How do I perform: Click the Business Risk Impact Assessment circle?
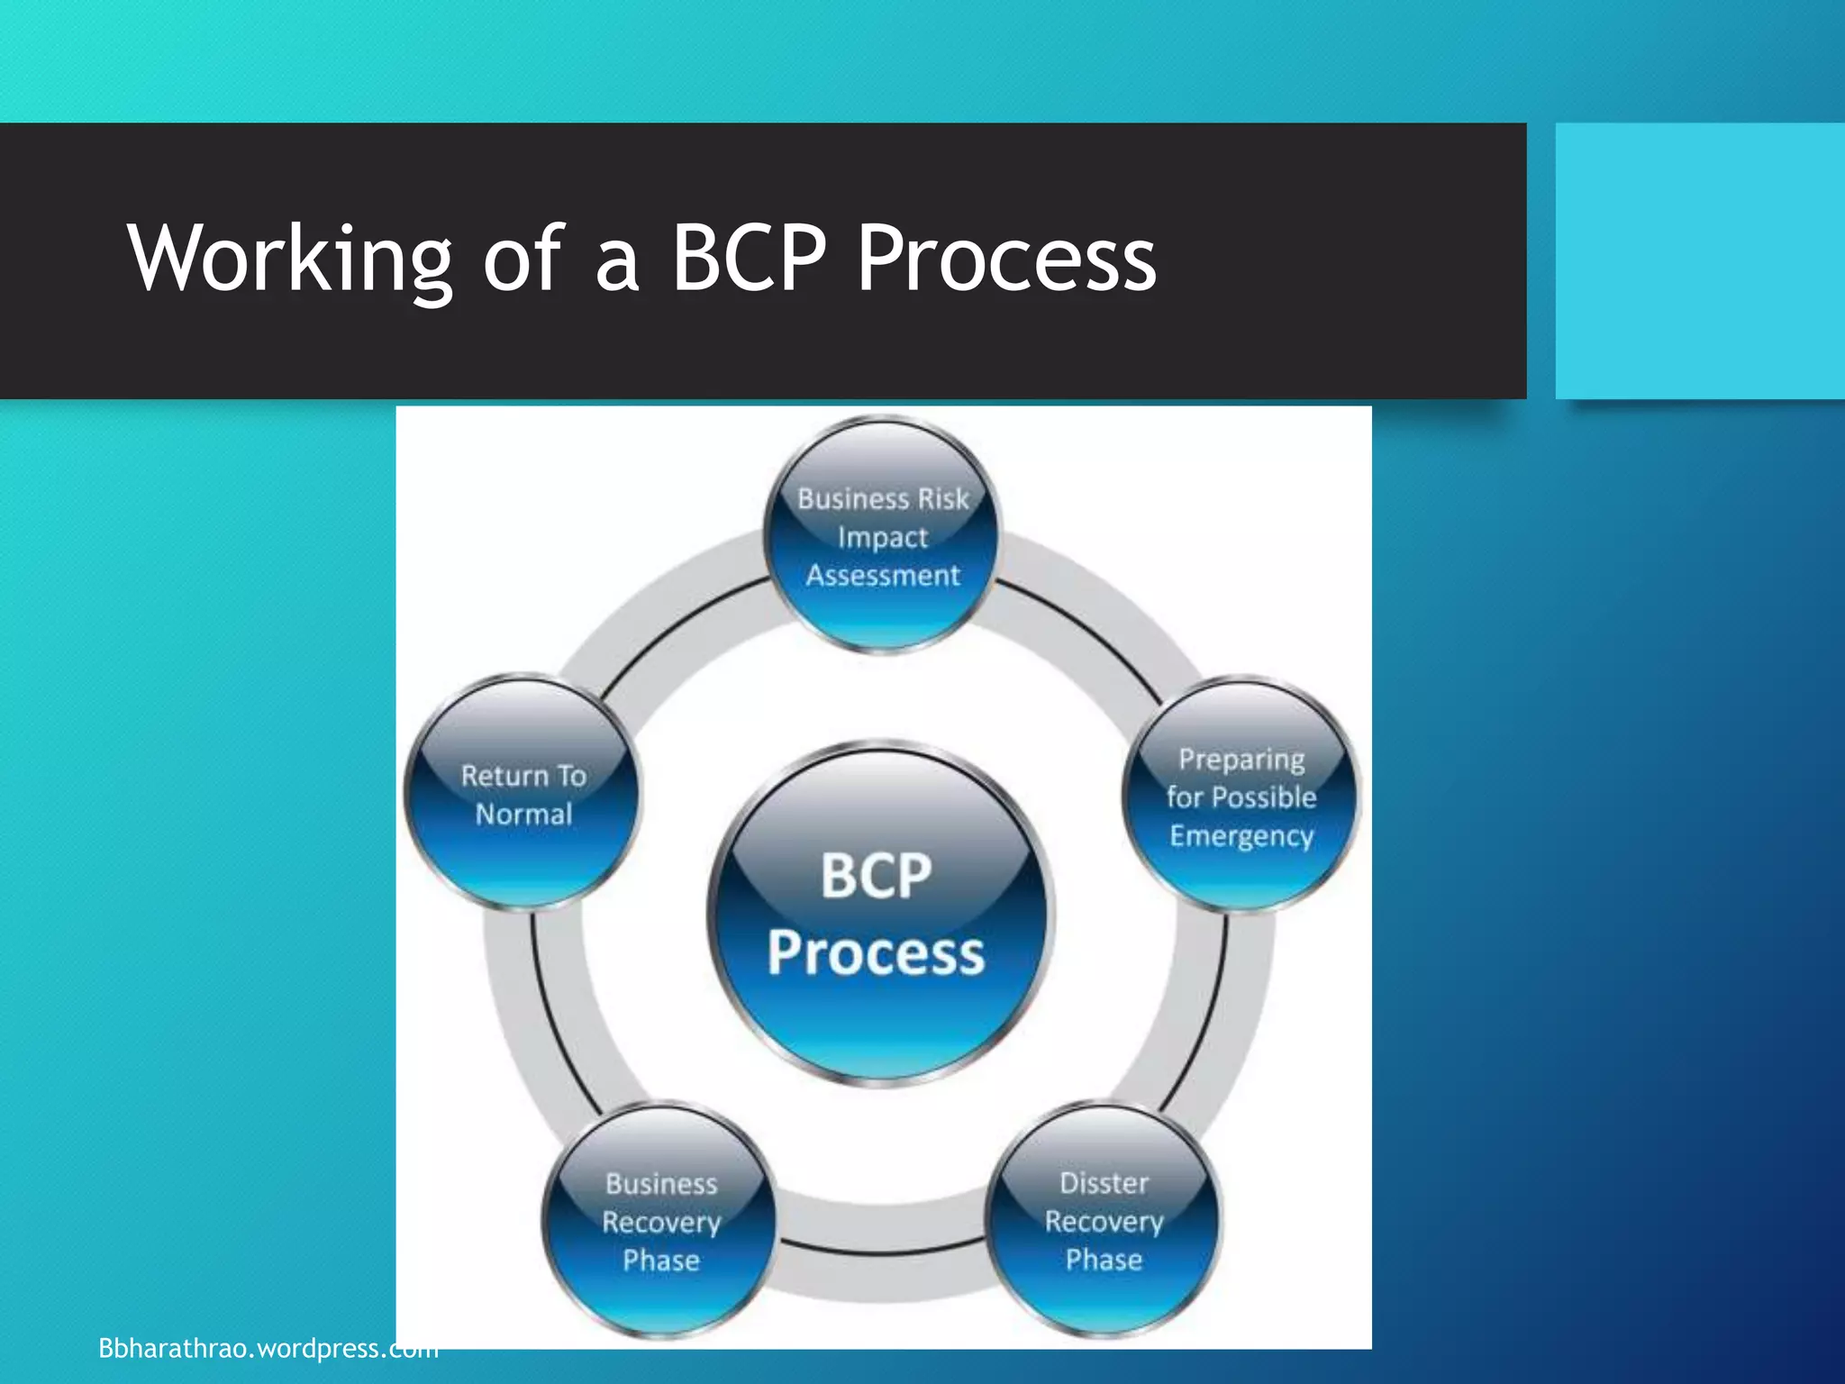point(882,535)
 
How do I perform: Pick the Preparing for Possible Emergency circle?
point(1241,796)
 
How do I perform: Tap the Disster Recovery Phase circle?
point(1104,1220)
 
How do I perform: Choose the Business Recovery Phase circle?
point(660,1220)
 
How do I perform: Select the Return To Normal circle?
point(523,794)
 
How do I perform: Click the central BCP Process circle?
point(878,915)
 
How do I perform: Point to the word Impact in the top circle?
point(882,537)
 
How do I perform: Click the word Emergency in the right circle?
point(1241,836)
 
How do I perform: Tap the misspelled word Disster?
point(1104,1182)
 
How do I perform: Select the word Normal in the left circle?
point(523,814)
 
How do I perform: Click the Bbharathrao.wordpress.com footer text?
point(268,1348)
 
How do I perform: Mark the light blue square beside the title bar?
point(1699,260)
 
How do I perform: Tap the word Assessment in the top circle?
point(882,575)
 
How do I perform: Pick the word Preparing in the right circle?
point(1241,760)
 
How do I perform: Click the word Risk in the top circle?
point(942,498)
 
